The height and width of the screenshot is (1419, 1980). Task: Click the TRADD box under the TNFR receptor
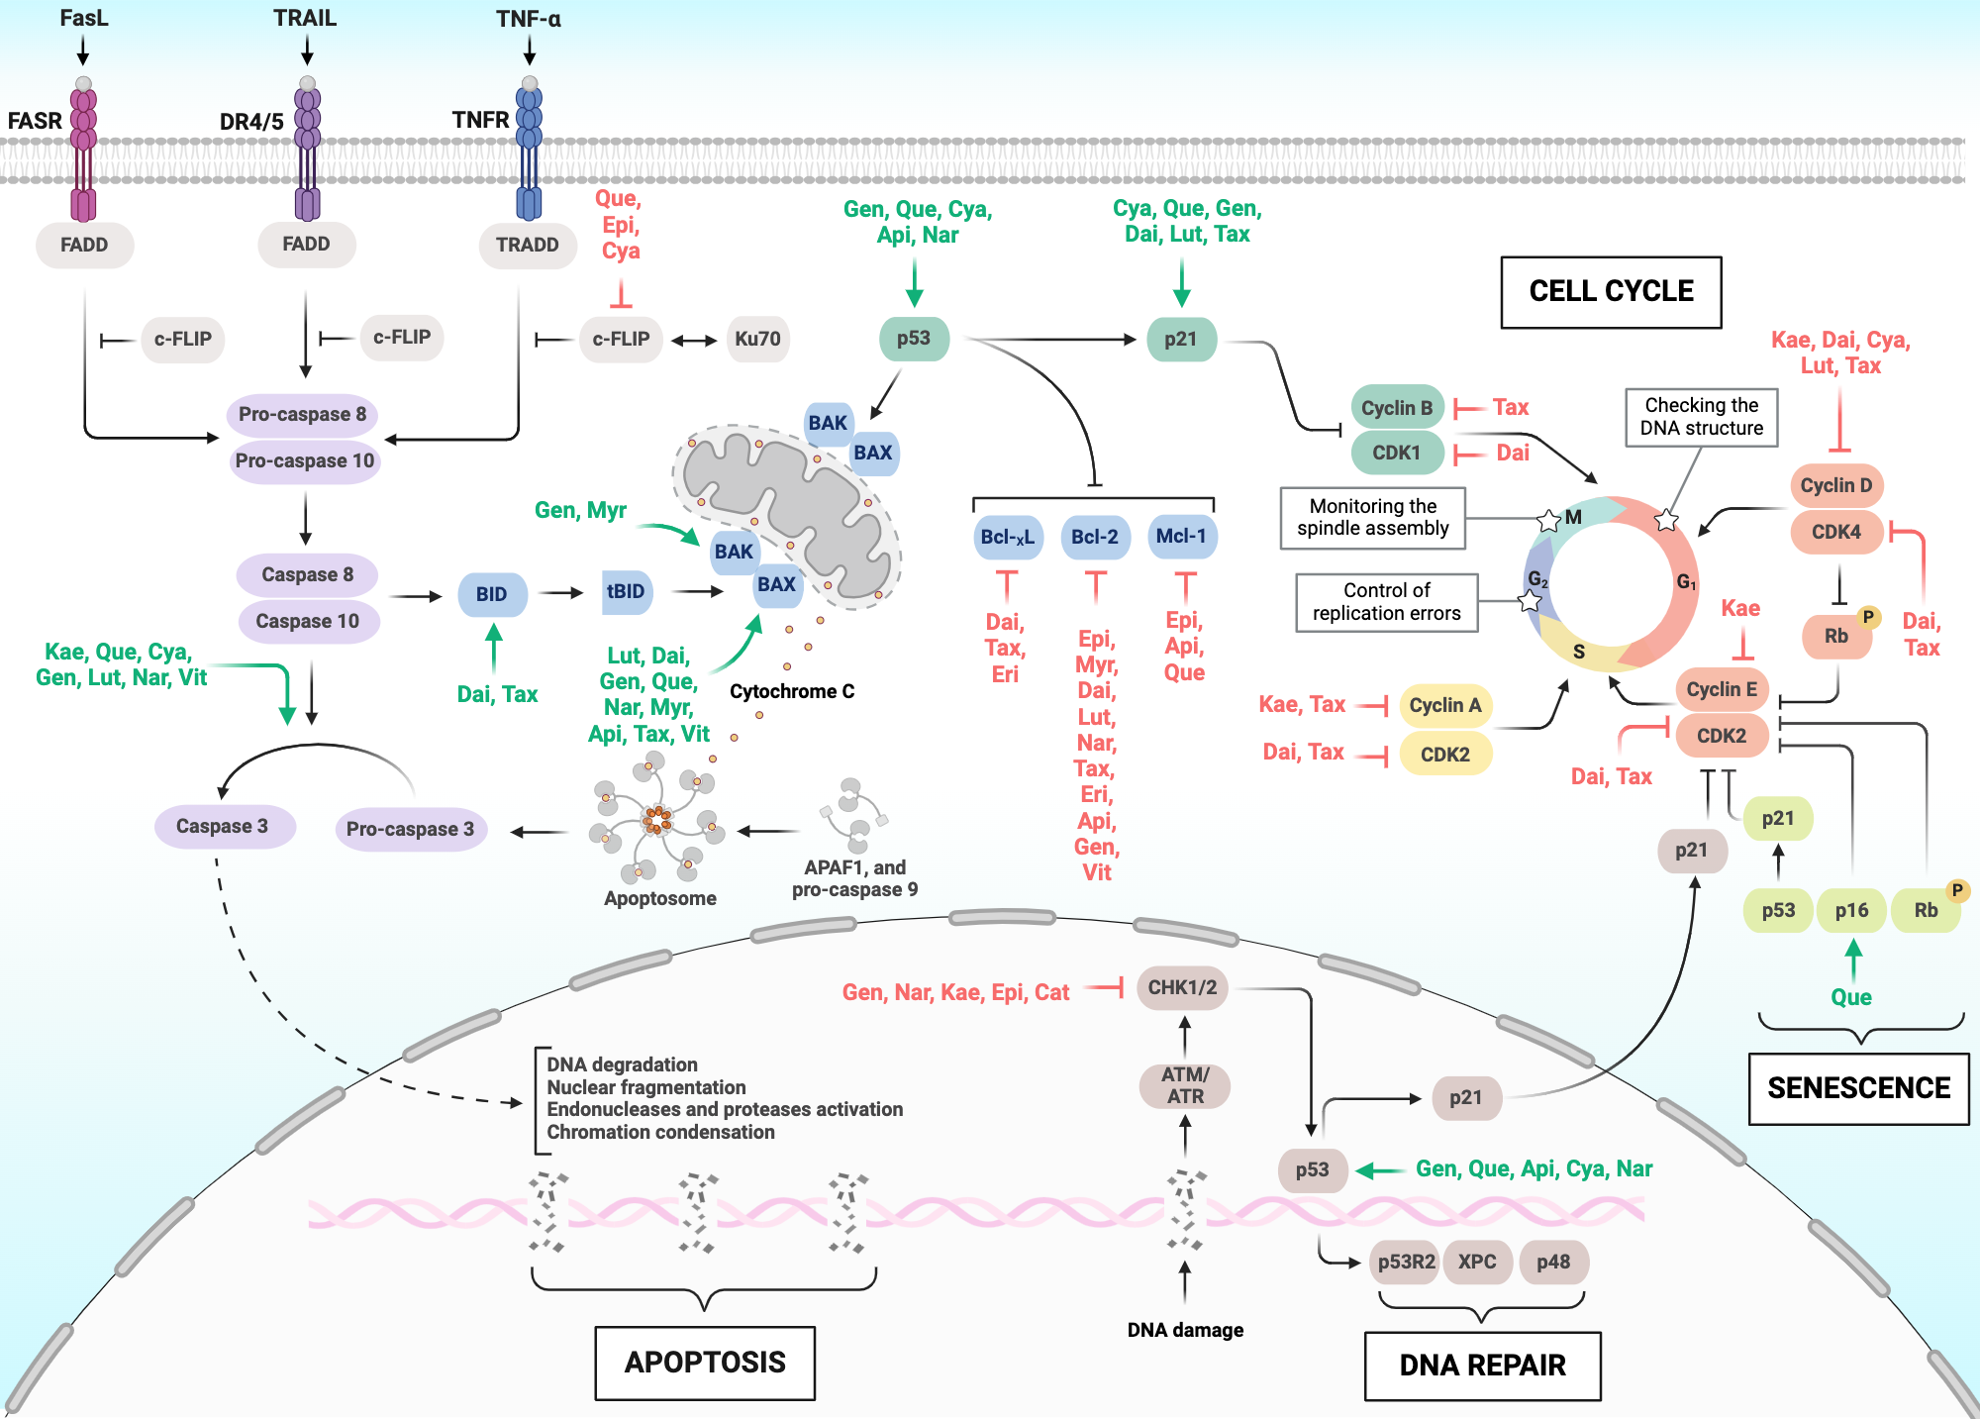[527, 245]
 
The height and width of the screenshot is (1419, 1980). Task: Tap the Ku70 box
[757, 339]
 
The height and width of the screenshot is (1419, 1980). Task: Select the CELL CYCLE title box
[1611, 291]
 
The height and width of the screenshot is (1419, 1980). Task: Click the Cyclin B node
[1397, 407]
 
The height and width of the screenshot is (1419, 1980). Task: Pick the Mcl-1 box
[1181, 537]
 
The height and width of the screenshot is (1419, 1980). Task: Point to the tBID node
[626, 591]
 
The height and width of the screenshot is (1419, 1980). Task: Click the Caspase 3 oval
[223, 826]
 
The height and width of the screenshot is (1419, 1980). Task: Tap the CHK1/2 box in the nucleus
[1182, 987]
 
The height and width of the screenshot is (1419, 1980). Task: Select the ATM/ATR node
[1185, 1085]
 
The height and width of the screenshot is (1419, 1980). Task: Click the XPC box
[1477, 1262]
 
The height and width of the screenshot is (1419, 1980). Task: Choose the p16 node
[1851, 910]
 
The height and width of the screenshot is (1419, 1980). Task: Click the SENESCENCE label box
[1858, 1088]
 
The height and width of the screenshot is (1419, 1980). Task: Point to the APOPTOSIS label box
[705, 1363]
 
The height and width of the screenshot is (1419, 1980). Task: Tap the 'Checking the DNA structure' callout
[1701, 417]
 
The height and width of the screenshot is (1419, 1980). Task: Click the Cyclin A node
[1445, 705]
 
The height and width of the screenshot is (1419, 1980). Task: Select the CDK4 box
[1835, 532]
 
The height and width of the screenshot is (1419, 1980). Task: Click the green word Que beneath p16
[1850, 997]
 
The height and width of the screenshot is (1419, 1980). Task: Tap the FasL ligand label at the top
[84, 18]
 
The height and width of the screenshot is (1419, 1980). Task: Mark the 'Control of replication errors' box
[1386, 602]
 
